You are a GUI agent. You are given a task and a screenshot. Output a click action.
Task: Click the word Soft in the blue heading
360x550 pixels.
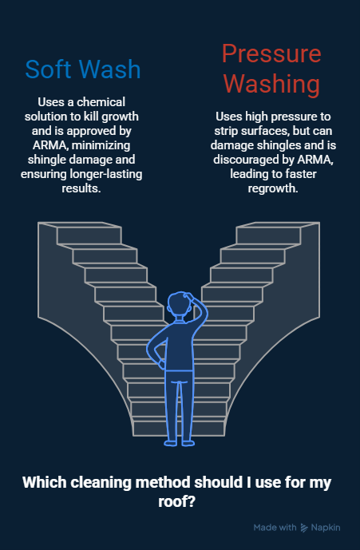[x=48, y=69]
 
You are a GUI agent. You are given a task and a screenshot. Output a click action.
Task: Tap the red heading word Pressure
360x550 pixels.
[x=271, y=53]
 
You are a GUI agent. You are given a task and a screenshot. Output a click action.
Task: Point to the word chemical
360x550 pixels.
[x=101, y=102]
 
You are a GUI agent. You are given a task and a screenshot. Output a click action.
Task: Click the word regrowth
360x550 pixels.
[x=273, y=188]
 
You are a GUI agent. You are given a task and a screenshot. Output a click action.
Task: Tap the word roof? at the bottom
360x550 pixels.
[x=176, y=501]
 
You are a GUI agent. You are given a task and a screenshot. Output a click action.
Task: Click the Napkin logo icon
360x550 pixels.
[x=304, y=528]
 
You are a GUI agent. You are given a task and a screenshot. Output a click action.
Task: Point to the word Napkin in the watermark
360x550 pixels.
[x=326, y=528]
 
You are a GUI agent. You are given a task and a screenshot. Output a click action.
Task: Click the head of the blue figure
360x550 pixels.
[x=181, y=304]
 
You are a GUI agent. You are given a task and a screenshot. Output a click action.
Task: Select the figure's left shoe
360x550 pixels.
[x=171, y=443]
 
